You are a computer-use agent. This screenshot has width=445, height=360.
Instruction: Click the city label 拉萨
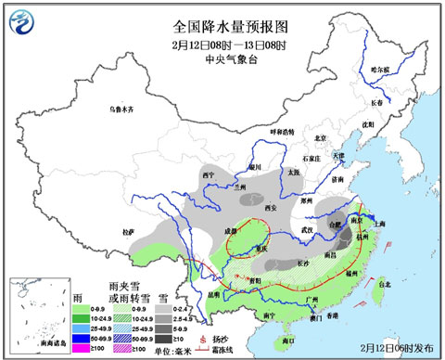[x=129, y=229]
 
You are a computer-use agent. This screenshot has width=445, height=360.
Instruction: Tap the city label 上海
[x=378, y=223]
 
